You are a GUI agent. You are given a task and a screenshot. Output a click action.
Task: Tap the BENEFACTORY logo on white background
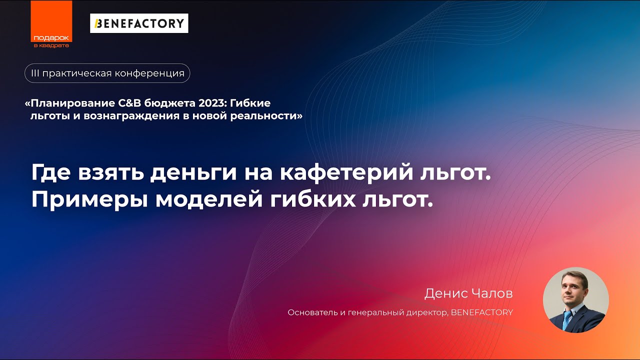pos(139,23)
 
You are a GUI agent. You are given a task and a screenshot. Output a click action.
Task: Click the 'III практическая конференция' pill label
pos(107,73)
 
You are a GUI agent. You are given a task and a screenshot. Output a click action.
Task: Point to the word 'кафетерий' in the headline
pos(345,173)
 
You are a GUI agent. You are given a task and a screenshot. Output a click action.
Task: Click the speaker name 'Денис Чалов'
pos(468,293)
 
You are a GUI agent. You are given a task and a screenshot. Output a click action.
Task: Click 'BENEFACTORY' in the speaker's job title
pos(482,312)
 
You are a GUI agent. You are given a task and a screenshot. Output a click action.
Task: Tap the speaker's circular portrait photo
pos(576,300)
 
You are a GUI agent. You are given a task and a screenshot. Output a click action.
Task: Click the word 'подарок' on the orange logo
pos(51,38)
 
